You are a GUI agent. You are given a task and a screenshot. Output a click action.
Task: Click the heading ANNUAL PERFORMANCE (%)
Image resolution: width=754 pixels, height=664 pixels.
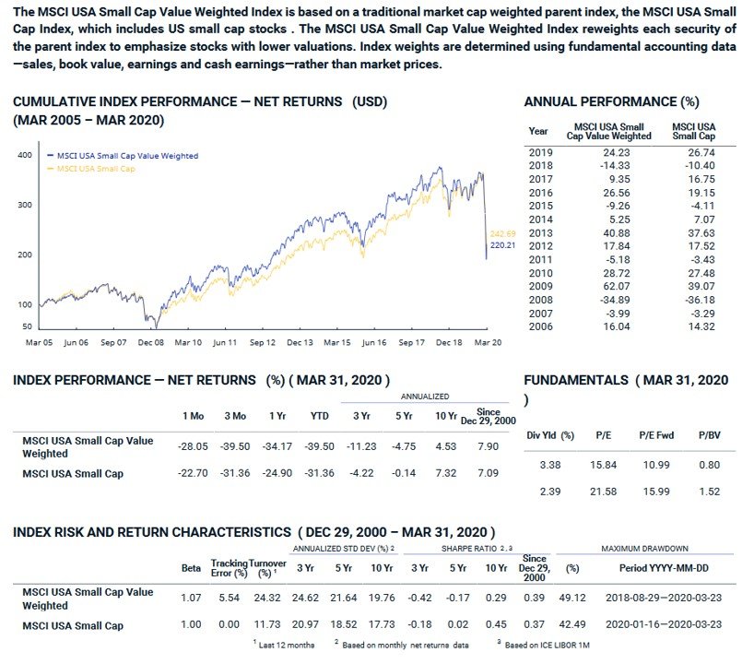610,101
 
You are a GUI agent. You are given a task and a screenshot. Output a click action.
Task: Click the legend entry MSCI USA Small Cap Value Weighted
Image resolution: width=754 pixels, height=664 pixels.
126,156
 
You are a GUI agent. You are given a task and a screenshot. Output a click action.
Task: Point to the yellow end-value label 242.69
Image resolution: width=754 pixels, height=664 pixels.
503,233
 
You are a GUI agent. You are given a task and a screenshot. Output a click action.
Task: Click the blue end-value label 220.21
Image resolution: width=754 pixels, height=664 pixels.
503,246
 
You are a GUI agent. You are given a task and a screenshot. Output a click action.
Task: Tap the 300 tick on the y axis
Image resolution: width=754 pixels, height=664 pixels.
25,205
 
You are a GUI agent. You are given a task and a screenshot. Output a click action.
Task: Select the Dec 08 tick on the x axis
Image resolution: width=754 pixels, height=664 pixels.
150,342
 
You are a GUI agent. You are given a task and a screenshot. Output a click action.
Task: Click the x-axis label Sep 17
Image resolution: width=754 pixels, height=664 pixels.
411,342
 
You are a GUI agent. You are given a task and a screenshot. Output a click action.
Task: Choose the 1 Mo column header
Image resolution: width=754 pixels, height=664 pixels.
193,416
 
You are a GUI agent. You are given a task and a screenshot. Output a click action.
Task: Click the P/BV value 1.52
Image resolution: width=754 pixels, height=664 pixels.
710,492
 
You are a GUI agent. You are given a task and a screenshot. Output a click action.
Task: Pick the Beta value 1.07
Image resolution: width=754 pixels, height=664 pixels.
190,598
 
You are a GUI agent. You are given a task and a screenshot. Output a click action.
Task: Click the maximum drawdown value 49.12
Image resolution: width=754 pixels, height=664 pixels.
576,598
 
